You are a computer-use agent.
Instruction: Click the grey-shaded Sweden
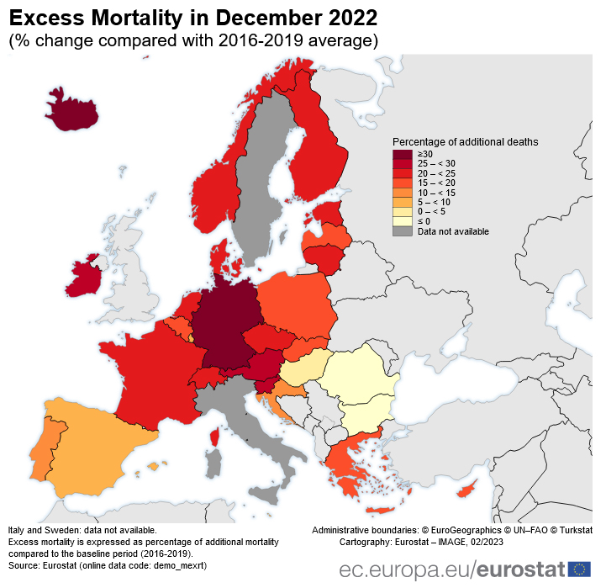click(x=261, y=168)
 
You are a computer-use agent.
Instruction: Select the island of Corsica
click(x=214, y=437)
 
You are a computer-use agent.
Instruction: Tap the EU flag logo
click(x=580, y=569)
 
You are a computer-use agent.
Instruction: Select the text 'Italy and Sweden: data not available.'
click(x=82, y=530)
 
